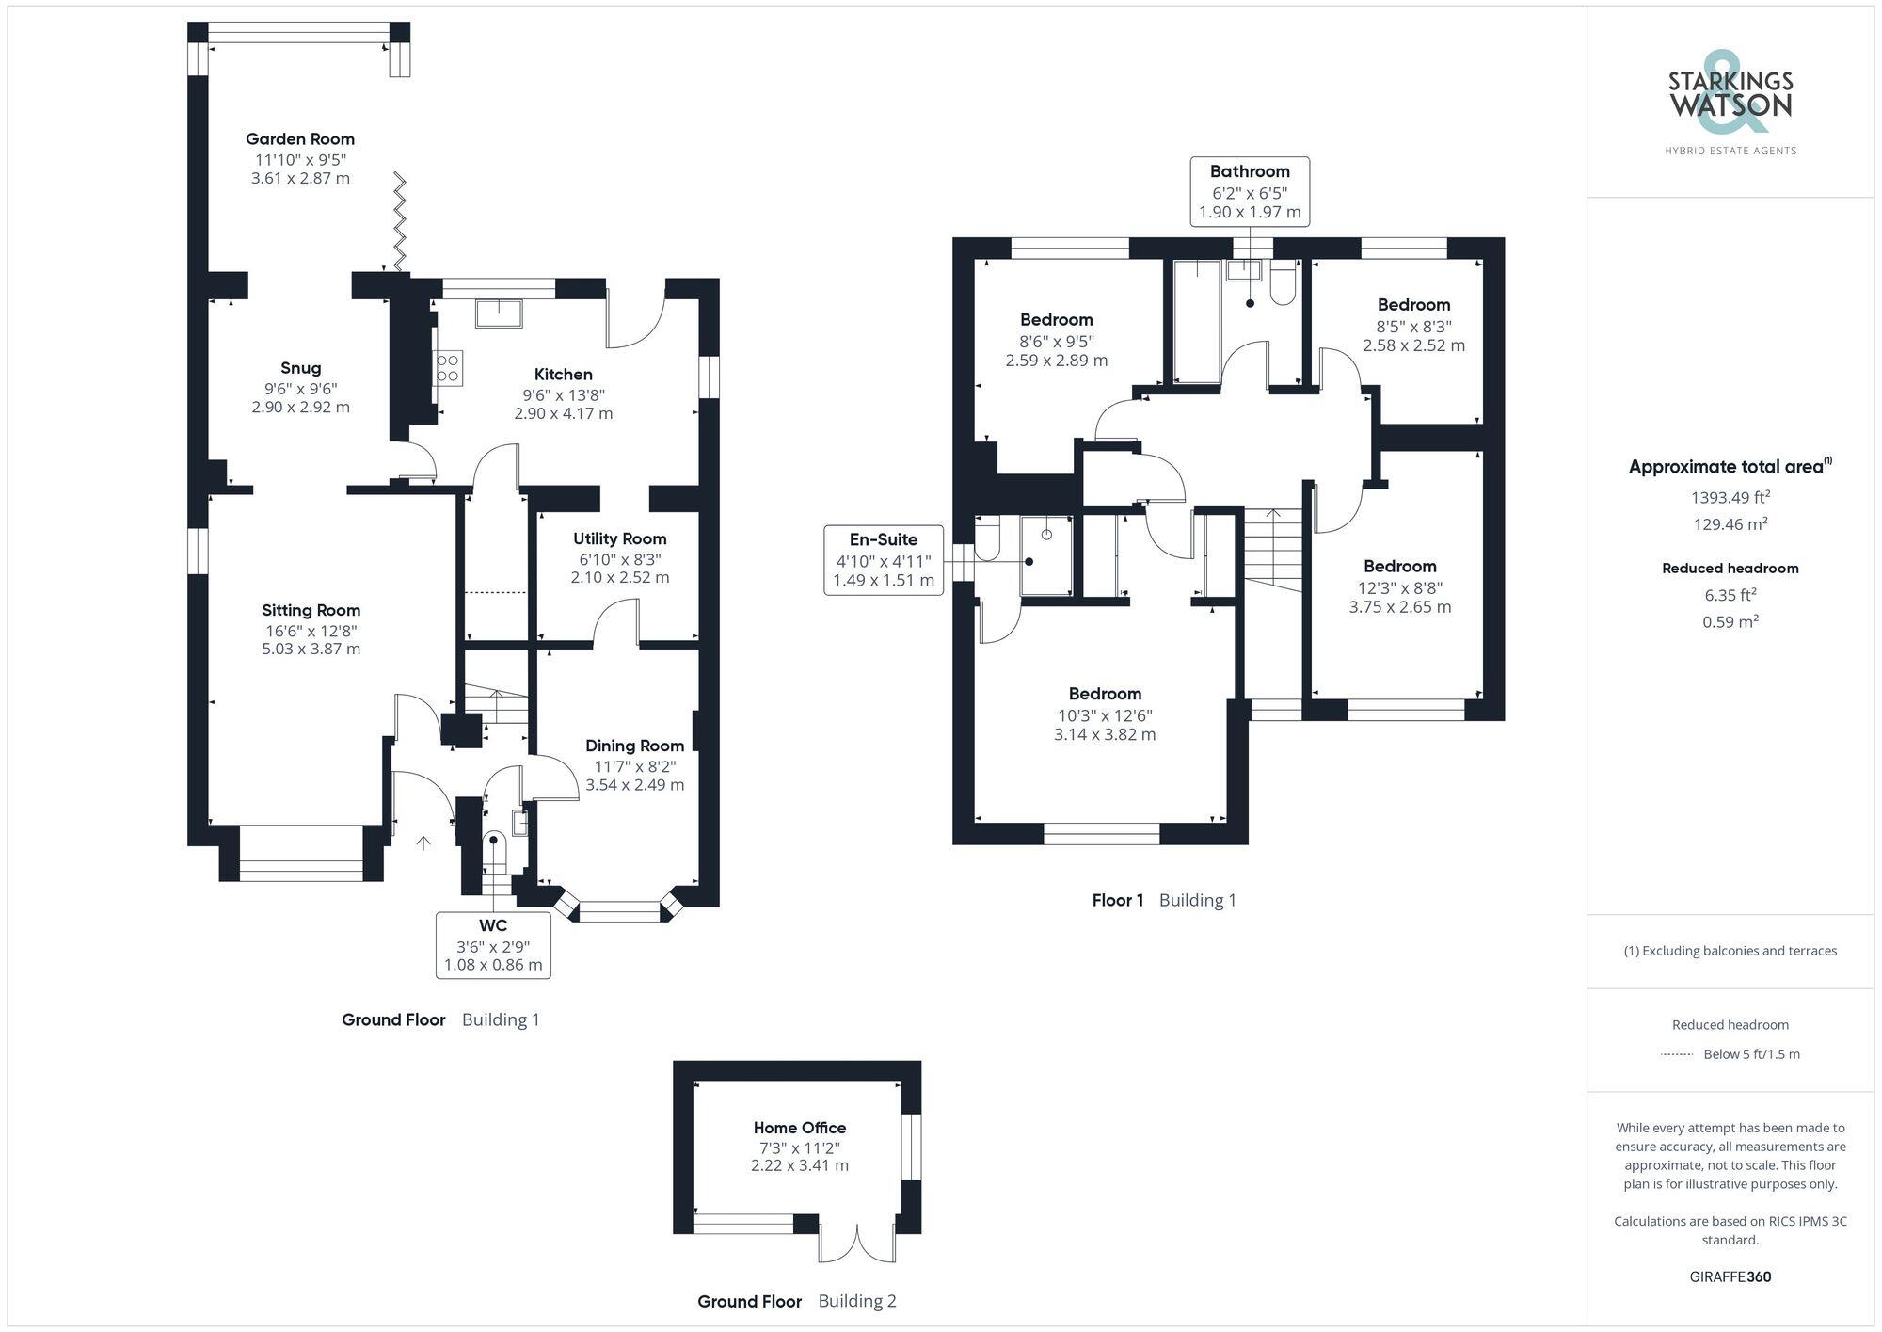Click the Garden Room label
pos(300,138)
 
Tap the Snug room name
pos(300,368)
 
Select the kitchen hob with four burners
pos(448,368)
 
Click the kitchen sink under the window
pos(499,313)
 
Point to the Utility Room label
pos(619,538)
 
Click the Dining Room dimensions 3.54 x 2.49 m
pos(634,784)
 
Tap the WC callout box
pos(493,944)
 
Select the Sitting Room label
pos(311,610)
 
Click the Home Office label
pos(800,1128)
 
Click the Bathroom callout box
pos(1250,191)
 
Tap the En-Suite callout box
pos(883,559)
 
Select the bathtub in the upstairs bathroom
pos(1197,322)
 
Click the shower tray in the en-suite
pos(1046,555)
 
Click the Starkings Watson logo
pos(1730,104)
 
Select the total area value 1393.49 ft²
pos(1730,497)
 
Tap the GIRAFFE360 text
pos(1730,1276)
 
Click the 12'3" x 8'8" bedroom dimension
pos(1400,587)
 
